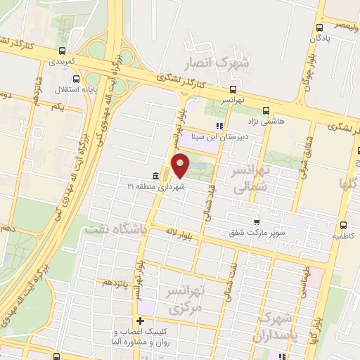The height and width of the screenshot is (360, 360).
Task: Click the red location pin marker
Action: click(181, 166)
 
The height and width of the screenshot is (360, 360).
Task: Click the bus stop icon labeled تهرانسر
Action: click(233, 89)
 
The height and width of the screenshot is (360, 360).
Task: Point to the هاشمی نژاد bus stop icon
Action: click(266, 110)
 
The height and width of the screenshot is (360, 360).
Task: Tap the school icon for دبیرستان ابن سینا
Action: click(219, 127)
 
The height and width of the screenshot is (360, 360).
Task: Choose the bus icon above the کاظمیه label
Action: click(344, 226)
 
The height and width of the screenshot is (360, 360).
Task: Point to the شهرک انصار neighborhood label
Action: click(217, 64)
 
